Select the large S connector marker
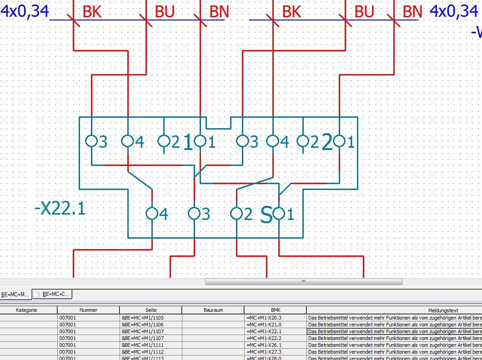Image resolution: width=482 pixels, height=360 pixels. (x=266, y=215)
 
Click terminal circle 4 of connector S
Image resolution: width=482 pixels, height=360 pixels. (x=152, y=213)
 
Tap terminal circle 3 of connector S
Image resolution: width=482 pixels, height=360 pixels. (x=194, y=213)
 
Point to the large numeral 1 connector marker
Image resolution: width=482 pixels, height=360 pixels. (x=188, y=143)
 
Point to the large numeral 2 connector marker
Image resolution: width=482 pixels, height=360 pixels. (x=327, y=143)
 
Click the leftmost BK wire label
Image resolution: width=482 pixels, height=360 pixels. (x=92, y=12)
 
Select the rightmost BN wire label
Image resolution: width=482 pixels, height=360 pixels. (x=412, y=12)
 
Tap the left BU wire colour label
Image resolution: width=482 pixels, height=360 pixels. (x=165, y=12)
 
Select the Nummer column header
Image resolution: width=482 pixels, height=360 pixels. (x=88, y=310)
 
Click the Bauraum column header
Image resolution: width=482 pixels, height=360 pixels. (x=213, y=310)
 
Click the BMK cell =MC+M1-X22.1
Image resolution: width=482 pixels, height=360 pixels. (x=264, y=331)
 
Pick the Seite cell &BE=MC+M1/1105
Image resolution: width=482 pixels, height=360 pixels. (x=143, y=318)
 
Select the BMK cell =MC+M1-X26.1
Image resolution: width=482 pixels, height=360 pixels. (x=264, y=345)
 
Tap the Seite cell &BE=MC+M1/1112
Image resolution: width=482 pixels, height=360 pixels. (x=143, y=352)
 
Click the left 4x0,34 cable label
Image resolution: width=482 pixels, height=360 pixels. (x=25, y=11)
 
